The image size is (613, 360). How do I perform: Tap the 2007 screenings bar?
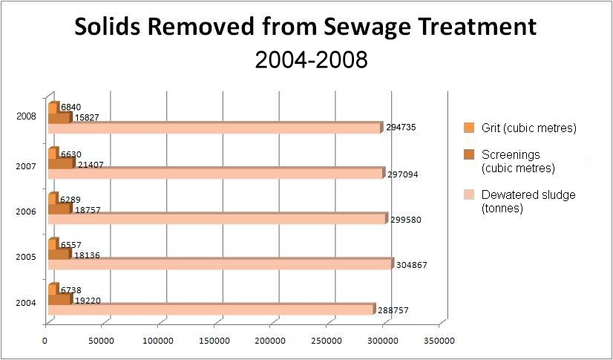click(x=61, y=163)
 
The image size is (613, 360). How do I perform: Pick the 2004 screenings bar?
click(x=59, y=299)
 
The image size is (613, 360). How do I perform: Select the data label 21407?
click(x=92, y=164)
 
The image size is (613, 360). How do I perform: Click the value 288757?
click(x=394, y=310)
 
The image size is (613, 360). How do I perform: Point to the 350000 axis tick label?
click(x=438, y=341)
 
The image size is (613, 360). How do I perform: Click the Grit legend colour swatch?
click(x=468, y=128)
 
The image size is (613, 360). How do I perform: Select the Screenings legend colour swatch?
click(x=468, y=155)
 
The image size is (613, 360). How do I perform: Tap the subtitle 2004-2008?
click(x=311, y=59)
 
